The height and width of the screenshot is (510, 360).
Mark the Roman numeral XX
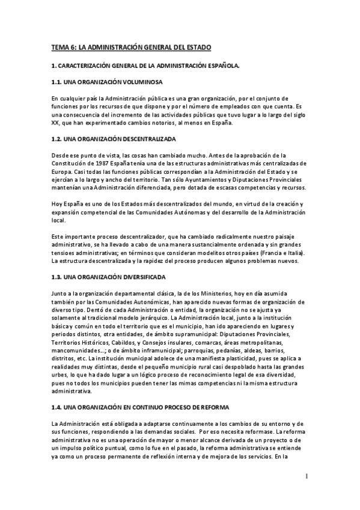coord(55,123)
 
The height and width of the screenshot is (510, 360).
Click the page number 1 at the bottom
coord(306,477)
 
